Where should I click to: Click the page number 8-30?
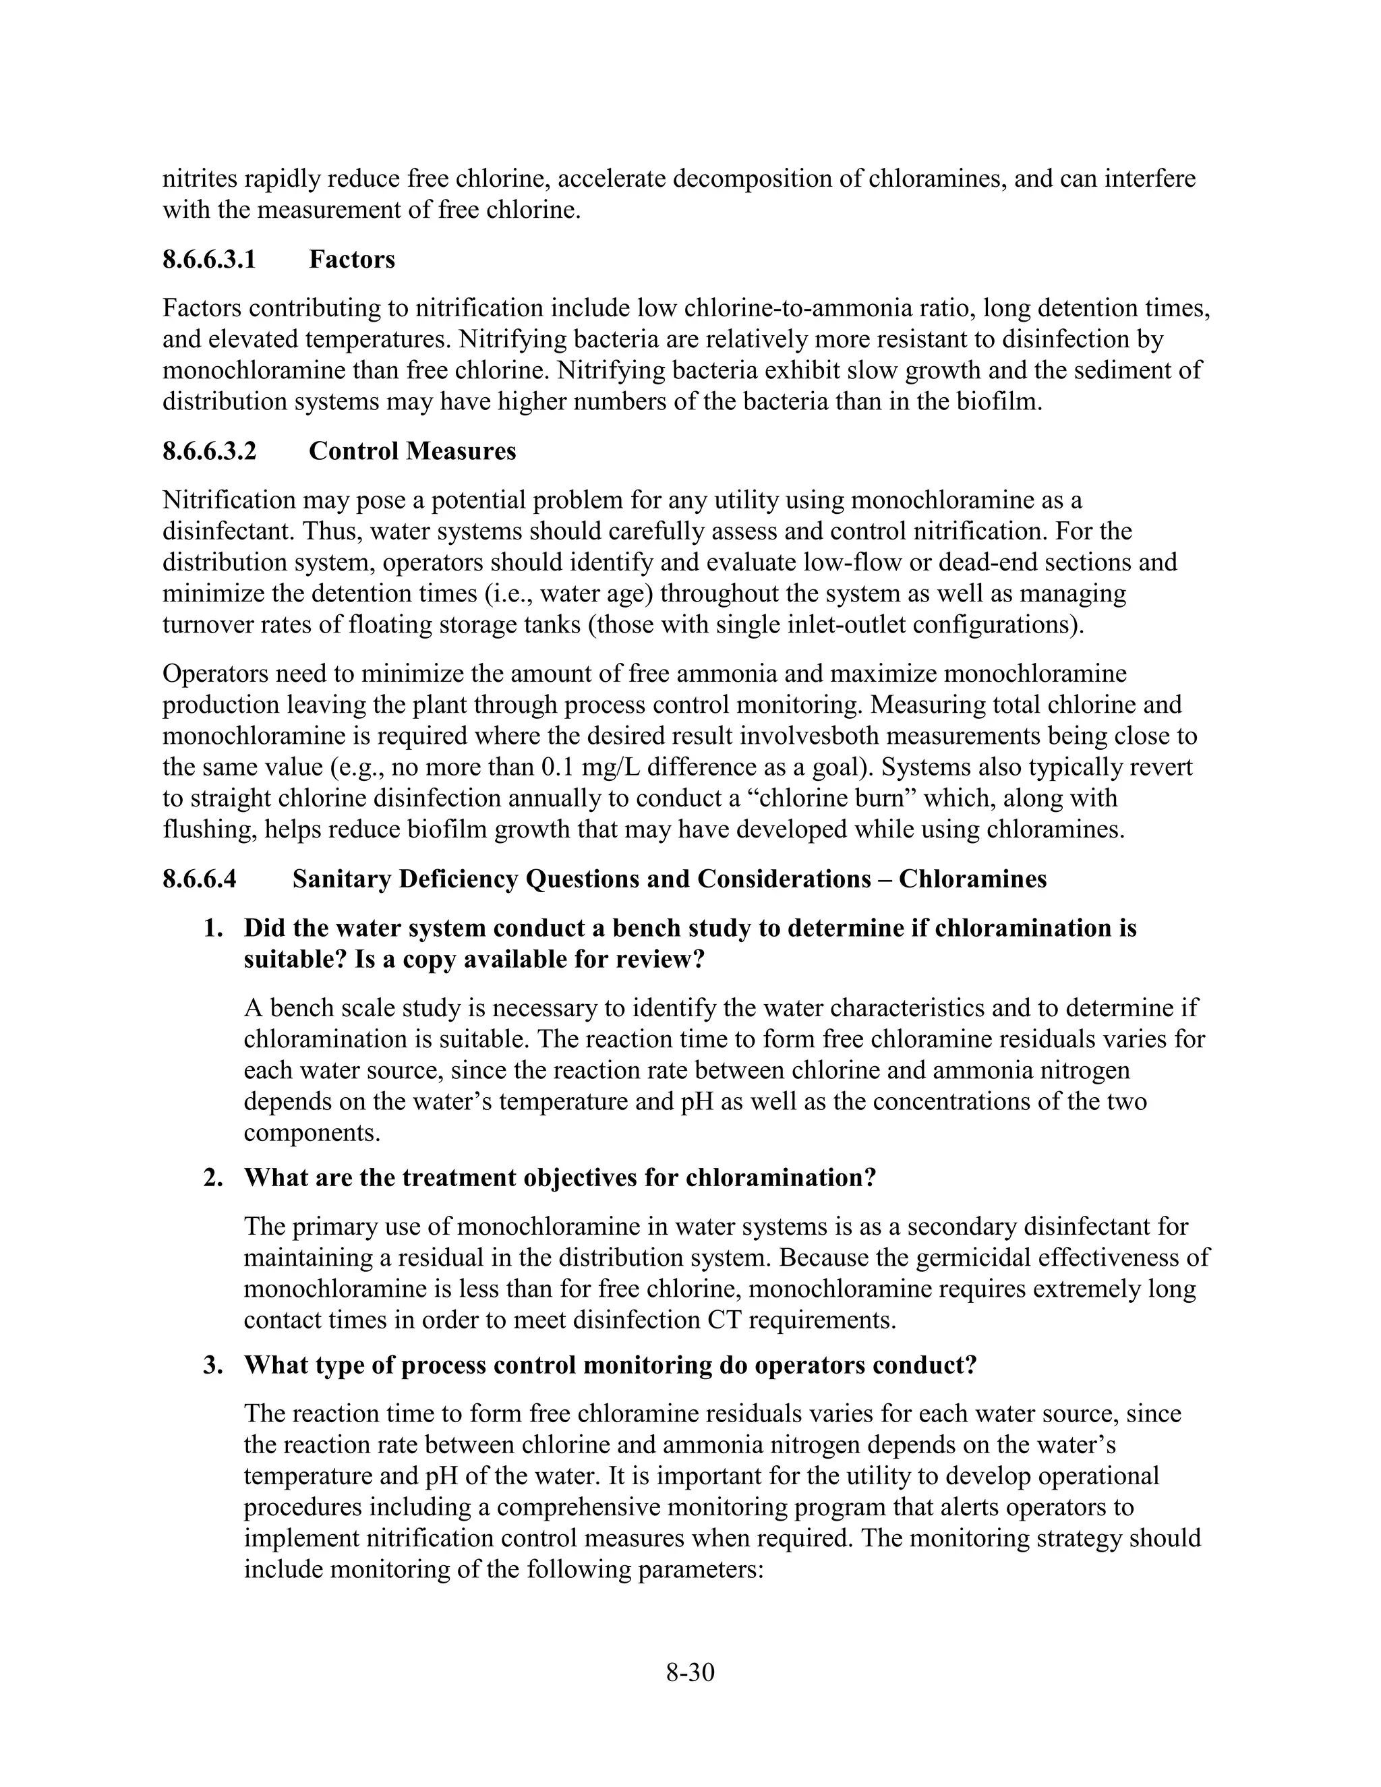coord(690,1672)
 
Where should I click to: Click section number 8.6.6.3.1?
coord(210,260)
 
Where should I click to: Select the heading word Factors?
coord(352,260)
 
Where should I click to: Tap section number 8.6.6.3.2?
coord(210,451)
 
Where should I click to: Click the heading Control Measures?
coord(412,451)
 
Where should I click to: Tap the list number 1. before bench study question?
coord(214,928)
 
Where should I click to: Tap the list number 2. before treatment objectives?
coord(214,1177)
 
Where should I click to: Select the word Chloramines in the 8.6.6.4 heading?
coord(973,879)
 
